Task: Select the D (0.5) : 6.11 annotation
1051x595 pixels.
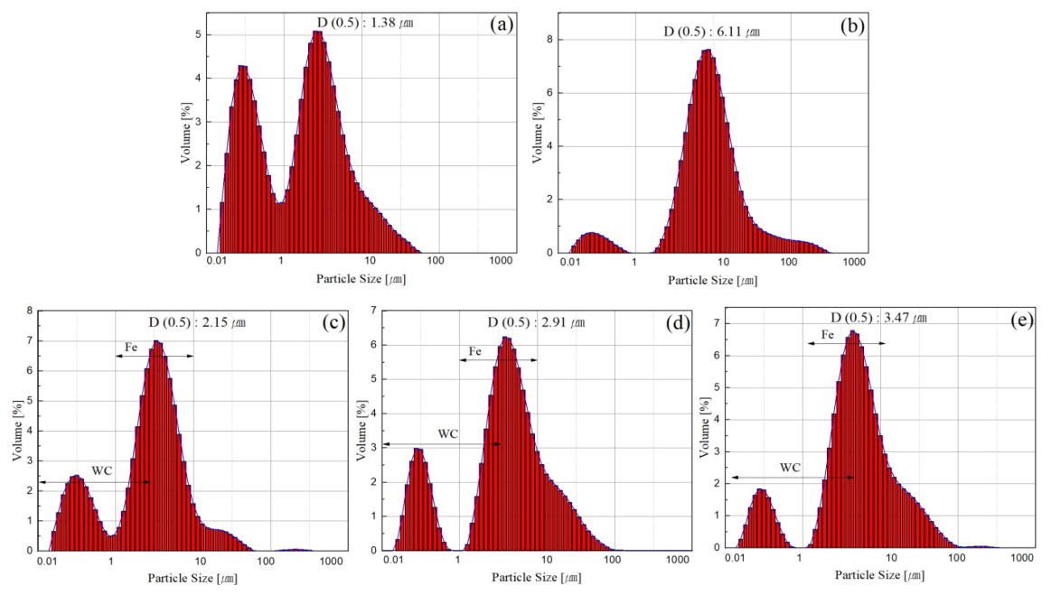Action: (711, 33)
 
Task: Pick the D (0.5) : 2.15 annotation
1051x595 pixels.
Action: (197, 321)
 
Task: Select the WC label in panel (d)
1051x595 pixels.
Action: (448, 433)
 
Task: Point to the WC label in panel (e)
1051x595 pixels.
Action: (791, 468)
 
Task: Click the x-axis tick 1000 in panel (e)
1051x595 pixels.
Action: (1022, 558)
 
